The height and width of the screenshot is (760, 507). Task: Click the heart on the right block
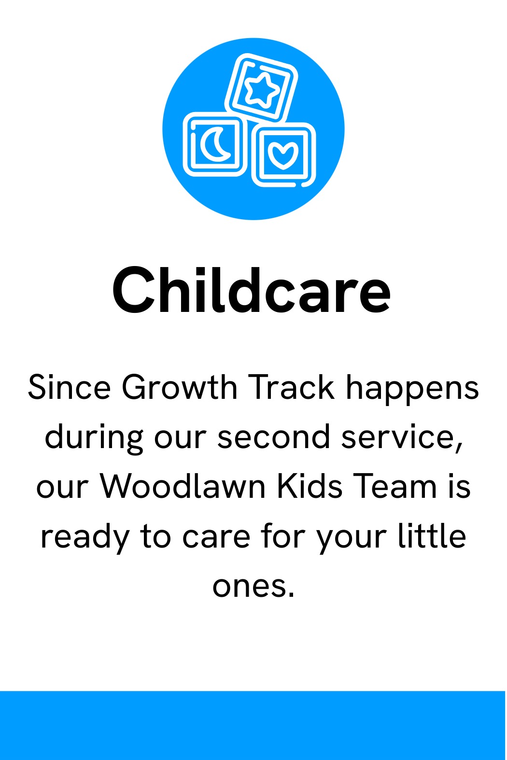283,155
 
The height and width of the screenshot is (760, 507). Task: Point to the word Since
70,387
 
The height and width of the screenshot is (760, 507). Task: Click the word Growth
179,387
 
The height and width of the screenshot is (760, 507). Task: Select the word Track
291,387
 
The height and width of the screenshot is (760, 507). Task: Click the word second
273,436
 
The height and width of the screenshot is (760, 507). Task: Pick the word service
402,437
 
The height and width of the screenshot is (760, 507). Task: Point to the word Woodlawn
183,486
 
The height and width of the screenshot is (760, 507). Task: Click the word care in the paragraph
216,538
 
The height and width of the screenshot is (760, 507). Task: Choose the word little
432,536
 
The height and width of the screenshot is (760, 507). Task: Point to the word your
352,541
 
